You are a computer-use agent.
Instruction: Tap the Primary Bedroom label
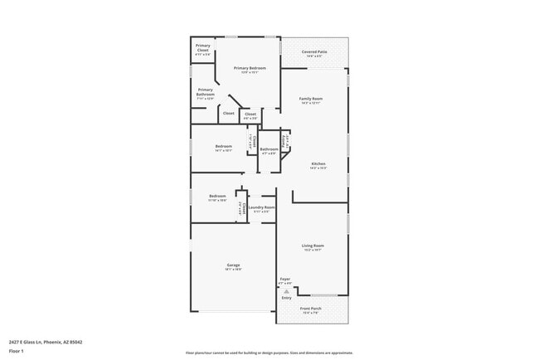[250, 67]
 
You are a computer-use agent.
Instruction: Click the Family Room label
[311, 99]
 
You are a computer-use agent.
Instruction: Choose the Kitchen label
[318, 163]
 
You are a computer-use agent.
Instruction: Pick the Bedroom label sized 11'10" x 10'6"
[217, 197]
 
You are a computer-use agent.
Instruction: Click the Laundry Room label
[261, 207]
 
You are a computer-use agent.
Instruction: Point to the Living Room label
[313, 246]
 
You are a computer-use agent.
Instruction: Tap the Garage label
[234, 265]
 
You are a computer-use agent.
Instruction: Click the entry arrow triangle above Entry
[285, 291]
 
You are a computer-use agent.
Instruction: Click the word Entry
[286, 298]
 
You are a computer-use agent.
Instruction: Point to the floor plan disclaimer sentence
[269, 353]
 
